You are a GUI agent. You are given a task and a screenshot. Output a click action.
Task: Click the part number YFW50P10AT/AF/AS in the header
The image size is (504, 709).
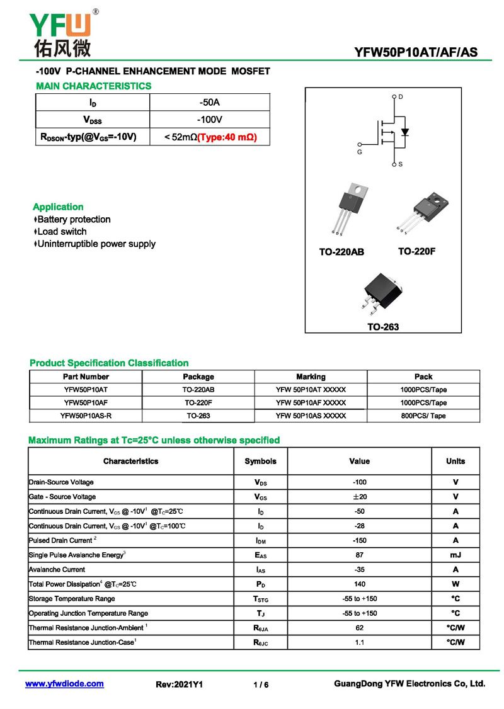point(416,52)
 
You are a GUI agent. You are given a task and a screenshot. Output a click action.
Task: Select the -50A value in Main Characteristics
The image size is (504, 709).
point(209,102)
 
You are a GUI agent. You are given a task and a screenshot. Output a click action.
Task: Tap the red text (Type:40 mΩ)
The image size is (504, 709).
point(227,137)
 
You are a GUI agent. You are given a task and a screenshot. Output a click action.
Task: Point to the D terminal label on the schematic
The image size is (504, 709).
point(401,96)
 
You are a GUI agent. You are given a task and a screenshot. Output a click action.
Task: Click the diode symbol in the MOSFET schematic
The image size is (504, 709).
point(405,132)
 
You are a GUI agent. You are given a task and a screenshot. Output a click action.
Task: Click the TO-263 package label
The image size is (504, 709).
point(383,327)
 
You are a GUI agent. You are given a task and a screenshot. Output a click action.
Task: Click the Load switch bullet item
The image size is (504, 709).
point(61,232)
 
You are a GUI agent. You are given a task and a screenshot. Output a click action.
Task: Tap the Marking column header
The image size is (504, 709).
point(311,377)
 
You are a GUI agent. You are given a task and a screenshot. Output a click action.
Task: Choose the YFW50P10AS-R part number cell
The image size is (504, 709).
point(86,416)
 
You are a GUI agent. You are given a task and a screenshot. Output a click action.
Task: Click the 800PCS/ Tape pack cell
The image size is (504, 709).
point(423,416)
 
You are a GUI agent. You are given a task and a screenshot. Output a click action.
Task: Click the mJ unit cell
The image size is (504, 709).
point(455,555)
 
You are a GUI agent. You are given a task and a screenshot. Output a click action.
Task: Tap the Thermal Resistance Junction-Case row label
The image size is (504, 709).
point(83,642)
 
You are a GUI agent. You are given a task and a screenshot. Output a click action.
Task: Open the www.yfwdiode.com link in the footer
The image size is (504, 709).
point(64,684)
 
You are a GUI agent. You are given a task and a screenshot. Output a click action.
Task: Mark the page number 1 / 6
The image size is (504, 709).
point(261,684)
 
